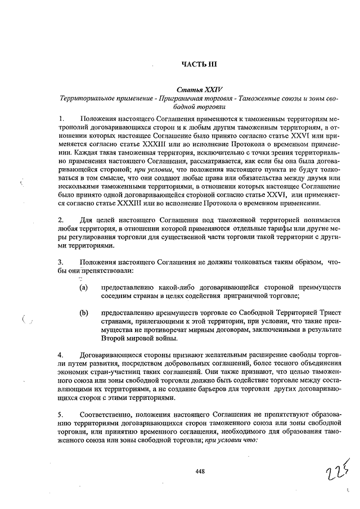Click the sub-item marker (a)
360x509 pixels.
click(x=83, y=287)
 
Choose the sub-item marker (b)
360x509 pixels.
click(x=83, y=312)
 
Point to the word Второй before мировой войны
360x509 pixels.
click(x=114, y=337)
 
